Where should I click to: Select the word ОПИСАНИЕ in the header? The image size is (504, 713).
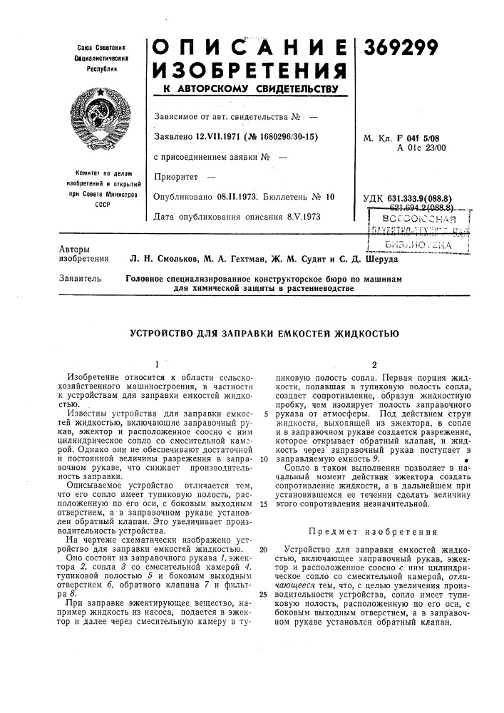[250, 48]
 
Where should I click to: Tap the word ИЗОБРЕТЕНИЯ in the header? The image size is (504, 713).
[250, 71]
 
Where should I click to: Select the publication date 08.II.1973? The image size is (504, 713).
[240, 195]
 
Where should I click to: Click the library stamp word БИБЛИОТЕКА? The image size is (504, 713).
[421, 244]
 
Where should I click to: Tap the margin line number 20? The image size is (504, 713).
[263, 549]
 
